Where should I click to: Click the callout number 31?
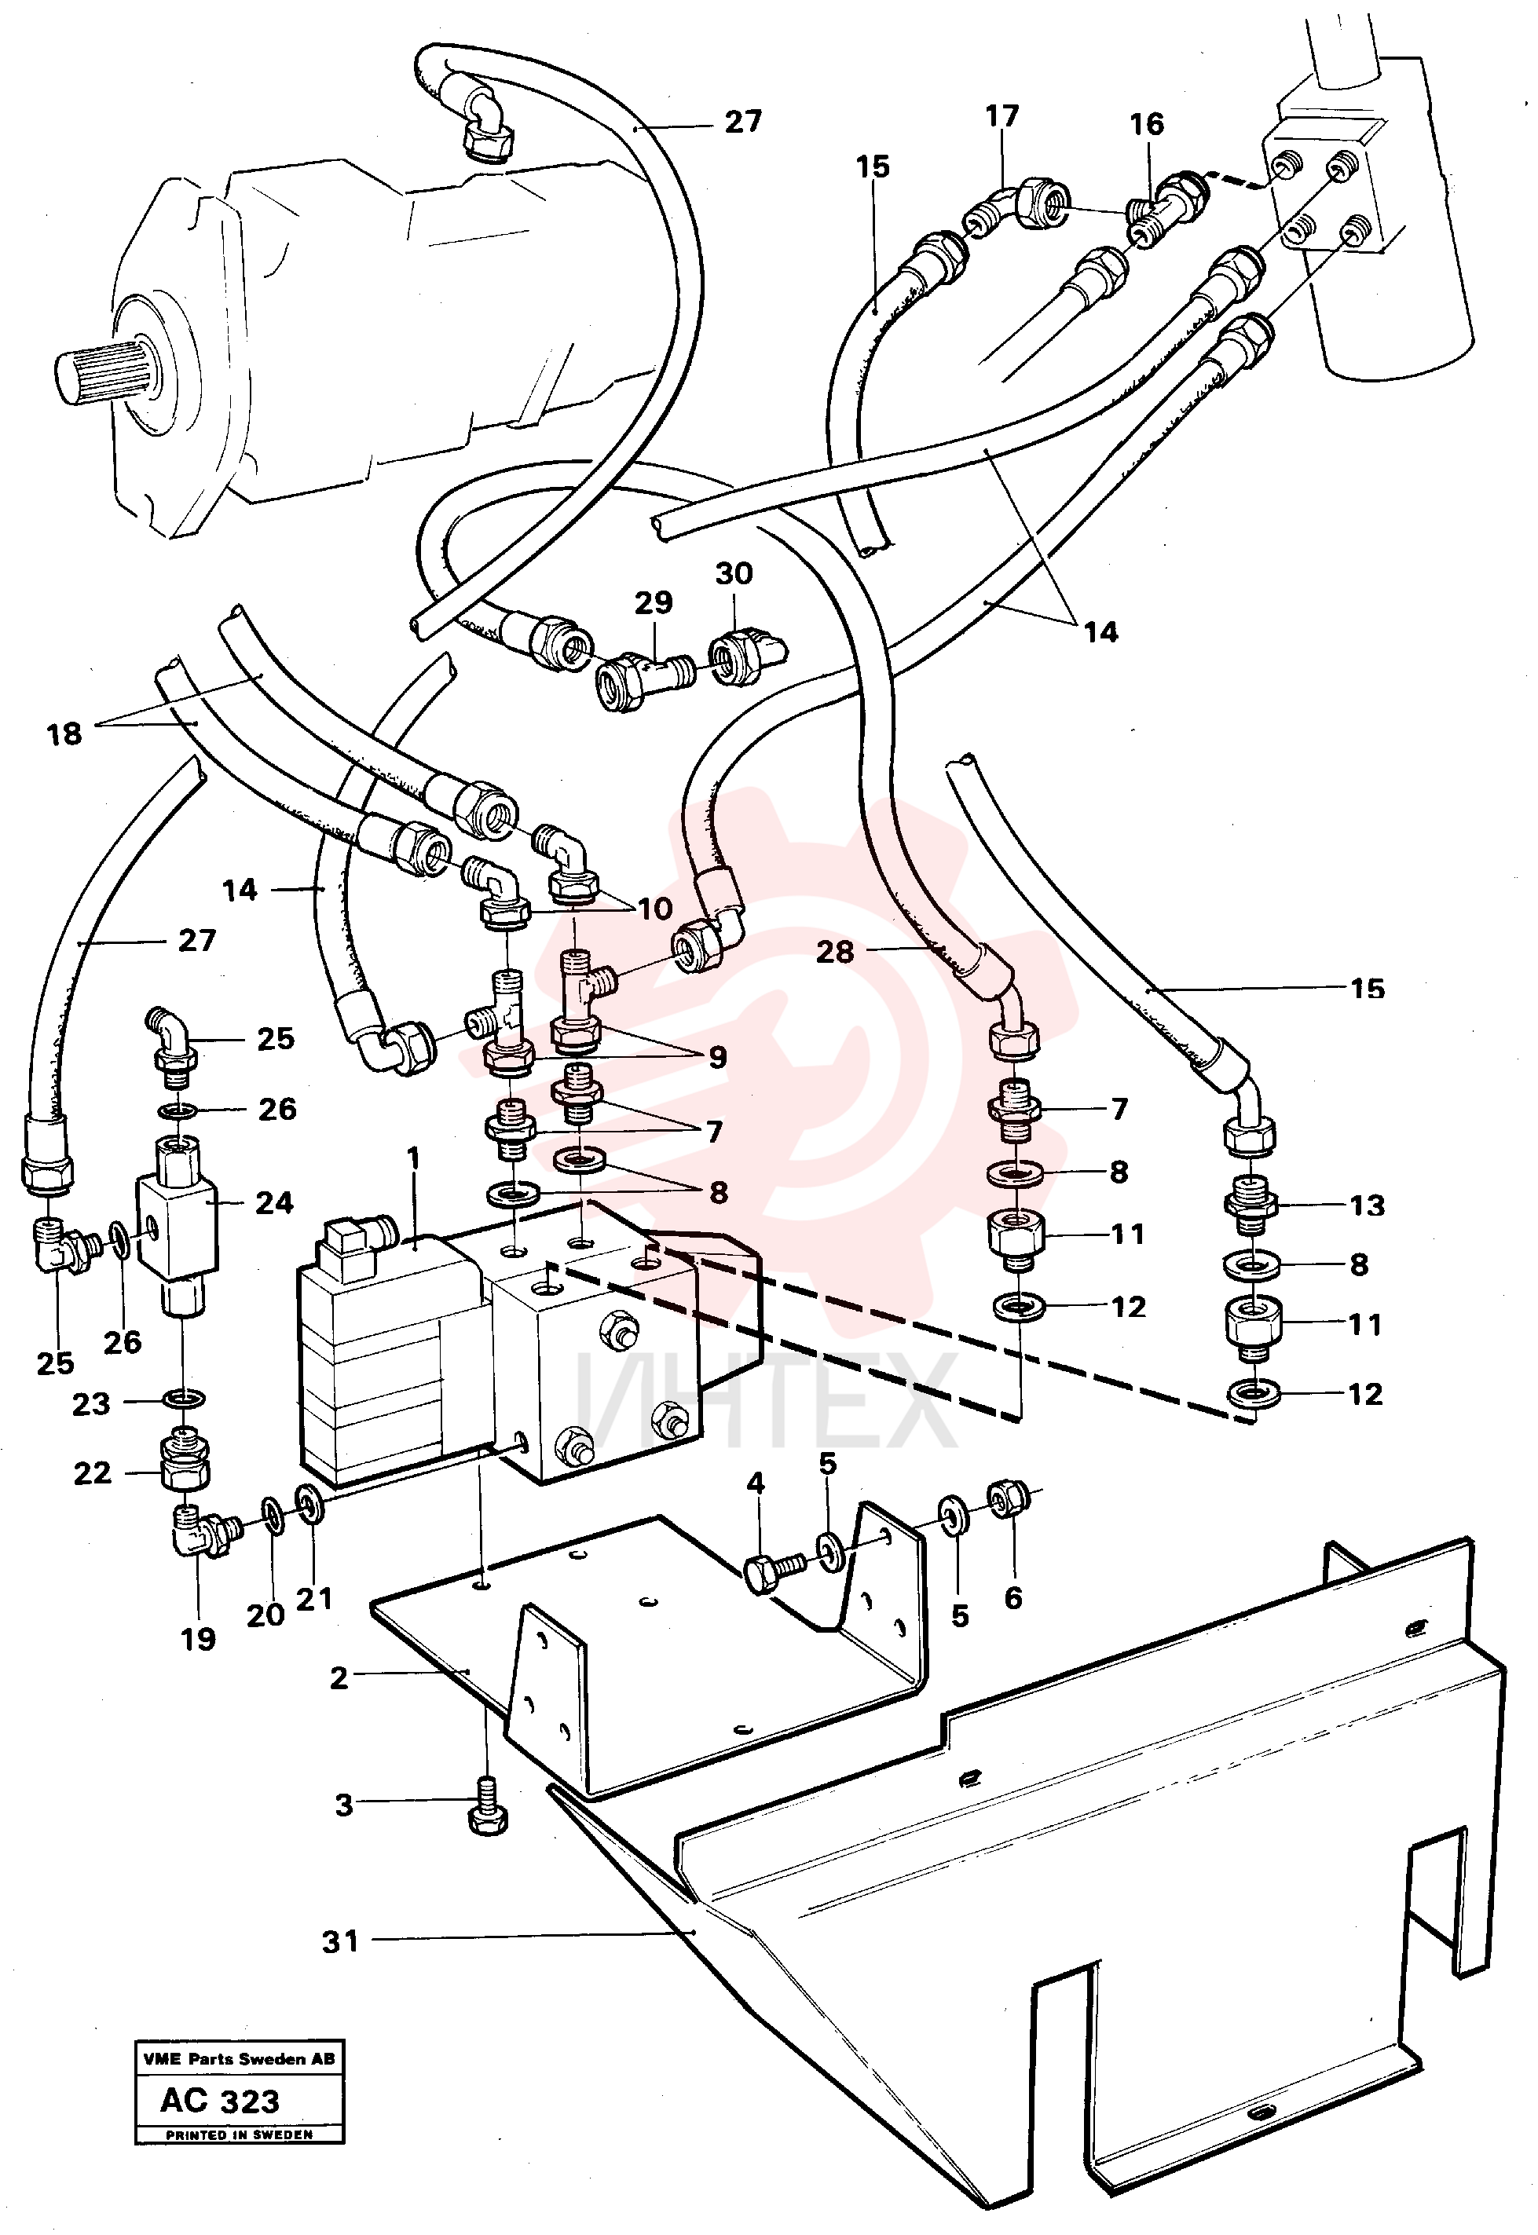pos(340,1941)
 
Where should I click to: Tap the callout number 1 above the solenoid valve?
pos(415,1157)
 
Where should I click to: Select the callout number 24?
pos(273,1202)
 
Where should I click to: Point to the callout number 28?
pos(836,952)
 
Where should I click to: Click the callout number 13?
pos(1367,1205)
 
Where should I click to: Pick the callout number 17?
pos(1002,115)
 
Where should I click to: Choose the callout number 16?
pos(1147,123)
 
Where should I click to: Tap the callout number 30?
pos(734,573)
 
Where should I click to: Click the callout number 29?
pos(654,603)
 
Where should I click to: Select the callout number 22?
pos(93,1473)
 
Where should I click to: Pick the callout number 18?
pos(64,734)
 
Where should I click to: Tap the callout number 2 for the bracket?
pos(339,1678)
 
